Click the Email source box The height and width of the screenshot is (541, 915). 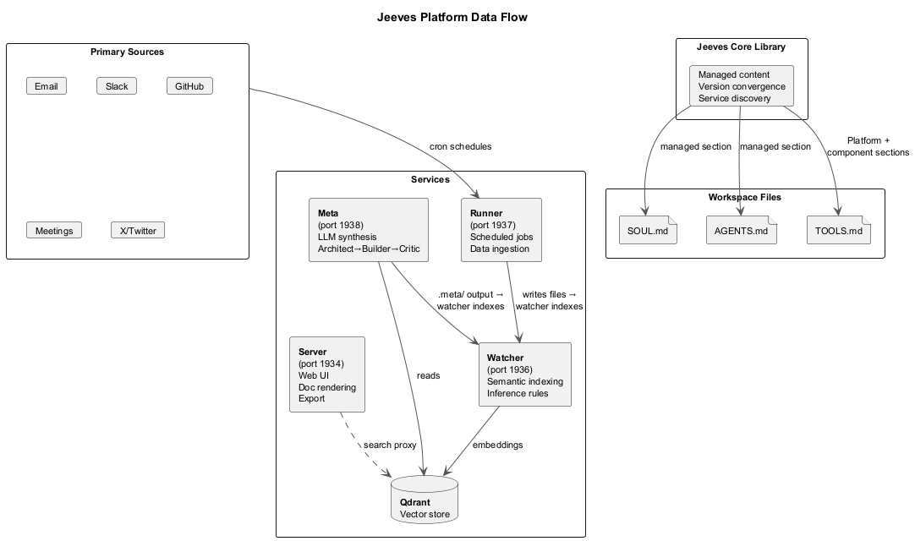pos(46,86)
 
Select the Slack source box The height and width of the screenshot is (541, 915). pos(117,86)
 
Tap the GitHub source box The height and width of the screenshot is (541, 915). pos(189,86)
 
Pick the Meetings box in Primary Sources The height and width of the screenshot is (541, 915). pos(53,231)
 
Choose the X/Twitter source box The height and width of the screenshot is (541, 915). pos(138,231)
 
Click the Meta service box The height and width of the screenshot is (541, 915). pos(368,230)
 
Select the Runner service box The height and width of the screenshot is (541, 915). pos(501,230)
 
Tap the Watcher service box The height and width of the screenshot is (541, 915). pos(524,374)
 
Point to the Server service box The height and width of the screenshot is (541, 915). pos(326,374)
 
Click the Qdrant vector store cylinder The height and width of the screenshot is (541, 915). pos(425,501)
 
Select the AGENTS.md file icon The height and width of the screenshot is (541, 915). pos(740,230)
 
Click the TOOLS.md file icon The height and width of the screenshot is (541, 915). pos(838,230)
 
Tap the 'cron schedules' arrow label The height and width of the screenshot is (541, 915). pos(461,146)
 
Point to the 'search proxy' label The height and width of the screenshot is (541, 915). pos(391,445)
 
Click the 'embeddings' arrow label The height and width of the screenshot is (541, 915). pos(497,445)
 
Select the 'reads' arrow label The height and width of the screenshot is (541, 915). pos(428,375)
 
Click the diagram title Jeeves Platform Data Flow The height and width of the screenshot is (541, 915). pos(452,17)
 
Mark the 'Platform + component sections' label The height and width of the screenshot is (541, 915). pos(868,146)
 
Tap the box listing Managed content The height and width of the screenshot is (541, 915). pos(742,86)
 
